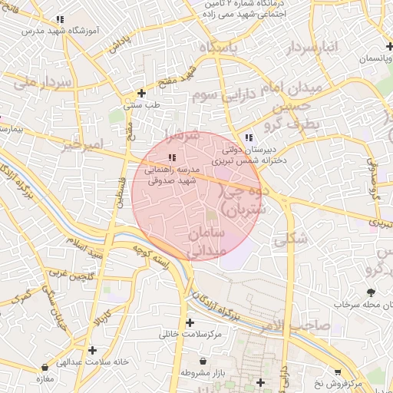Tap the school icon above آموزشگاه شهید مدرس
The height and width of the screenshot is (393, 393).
60,19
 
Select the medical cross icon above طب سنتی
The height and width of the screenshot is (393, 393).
140,92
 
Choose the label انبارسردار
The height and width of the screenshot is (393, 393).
312,49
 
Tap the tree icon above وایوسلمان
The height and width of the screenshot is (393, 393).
368,46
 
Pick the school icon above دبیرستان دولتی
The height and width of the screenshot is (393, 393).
249,137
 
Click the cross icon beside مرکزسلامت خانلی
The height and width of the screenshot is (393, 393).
190,322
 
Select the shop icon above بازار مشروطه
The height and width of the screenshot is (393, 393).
203,360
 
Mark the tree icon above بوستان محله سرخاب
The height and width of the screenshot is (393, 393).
372,292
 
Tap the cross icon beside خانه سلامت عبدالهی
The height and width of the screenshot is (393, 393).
91,350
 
